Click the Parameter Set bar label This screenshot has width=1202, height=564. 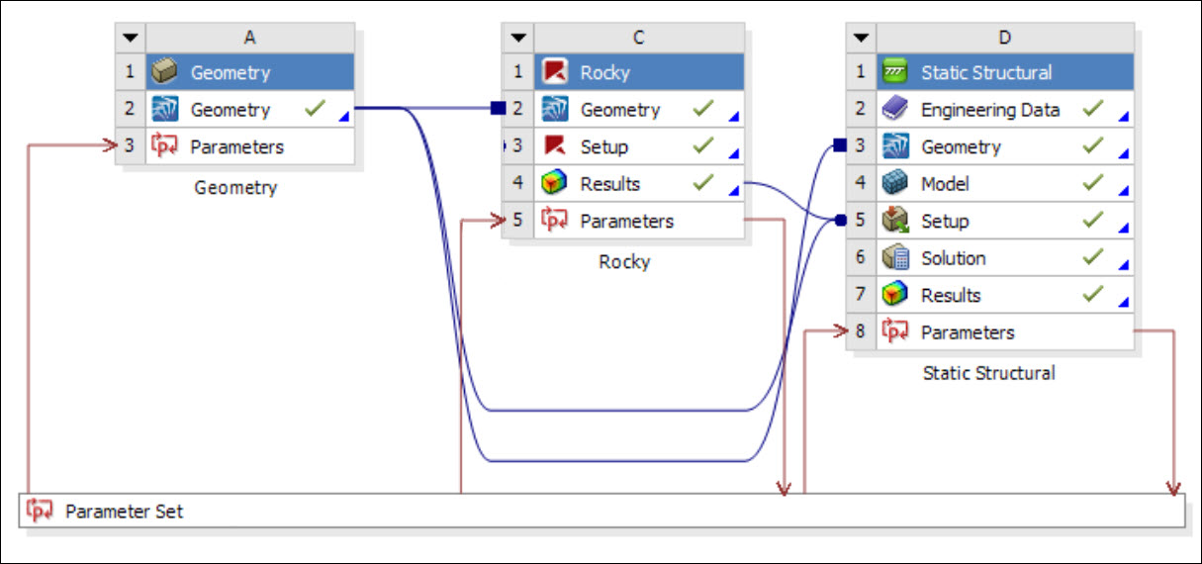(124, 512)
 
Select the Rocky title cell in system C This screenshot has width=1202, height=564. (604, 72)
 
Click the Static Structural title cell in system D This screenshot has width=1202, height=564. (985, 72)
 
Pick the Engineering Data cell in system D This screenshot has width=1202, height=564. (989, 110)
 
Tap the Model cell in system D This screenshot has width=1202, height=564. (945, 184)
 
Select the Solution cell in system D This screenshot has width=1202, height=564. (953, 258)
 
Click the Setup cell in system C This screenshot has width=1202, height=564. (603, 146)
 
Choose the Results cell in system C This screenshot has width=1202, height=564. (609, 184)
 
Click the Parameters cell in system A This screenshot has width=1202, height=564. (236, 146)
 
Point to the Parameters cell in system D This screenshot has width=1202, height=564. (967, 332)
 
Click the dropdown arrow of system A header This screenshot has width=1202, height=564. (131, 38)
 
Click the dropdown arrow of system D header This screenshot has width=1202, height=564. (861, 38)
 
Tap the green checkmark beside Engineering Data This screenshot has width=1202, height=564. (1092, 109)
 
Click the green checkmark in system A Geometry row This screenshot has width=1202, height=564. (315, 109)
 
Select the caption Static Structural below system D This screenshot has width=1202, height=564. (988, 373)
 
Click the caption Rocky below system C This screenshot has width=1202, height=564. (624, 262)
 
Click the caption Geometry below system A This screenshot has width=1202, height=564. (235, 187)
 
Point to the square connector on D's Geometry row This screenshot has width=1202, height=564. (839, 146)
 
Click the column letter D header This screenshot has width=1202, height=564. (1004, 38)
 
